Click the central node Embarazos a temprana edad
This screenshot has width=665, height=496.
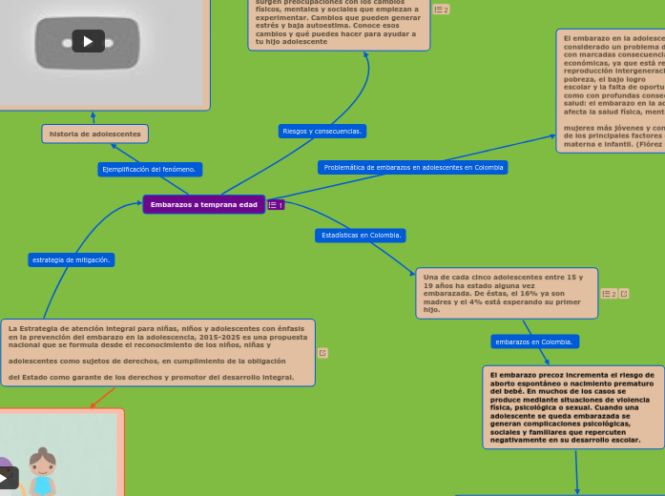click(203, 204)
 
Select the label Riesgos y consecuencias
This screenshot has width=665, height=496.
click(322, 131)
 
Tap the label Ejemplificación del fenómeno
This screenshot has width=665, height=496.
click(149, 169)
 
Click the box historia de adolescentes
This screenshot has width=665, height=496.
click(94, 134)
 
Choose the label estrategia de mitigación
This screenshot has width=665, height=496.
click(71, 259)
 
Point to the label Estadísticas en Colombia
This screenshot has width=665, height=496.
click(361, 235)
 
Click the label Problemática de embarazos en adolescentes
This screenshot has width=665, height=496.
click(412, 167)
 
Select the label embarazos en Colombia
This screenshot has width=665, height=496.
click(534, 341)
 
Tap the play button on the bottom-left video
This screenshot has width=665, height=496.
click(7, 476)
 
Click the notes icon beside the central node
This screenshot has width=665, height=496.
click(275, 204)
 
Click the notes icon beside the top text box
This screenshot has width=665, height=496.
click(441, 10)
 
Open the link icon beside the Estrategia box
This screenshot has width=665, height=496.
click(322, 353)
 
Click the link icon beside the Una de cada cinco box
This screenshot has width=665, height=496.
click(624, 294)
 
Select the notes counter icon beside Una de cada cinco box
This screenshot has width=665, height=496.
click(608, 294)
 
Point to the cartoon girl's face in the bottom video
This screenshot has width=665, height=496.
click(43, 441)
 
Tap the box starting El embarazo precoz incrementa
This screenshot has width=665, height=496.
click(573, 406)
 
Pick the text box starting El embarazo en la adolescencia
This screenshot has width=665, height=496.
click(611, 91)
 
